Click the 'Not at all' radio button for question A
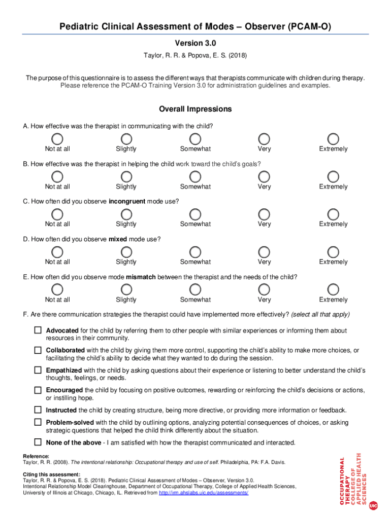coord(57,139)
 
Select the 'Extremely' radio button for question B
coord(333,176)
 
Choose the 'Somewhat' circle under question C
coord(195,214)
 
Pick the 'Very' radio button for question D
coord(264,252)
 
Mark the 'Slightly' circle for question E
coord(126,289)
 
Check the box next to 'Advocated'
coord(38,330)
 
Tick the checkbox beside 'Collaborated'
coord(38,350)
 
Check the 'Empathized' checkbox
coord(38,370)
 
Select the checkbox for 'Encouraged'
coord(38,390)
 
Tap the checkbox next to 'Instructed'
coord(38,410)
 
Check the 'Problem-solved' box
coord(38,422)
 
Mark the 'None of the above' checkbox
coord(38,442)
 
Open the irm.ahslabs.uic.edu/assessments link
coord(203,493)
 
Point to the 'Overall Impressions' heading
coord(195,109)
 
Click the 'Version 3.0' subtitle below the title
coord(195,43)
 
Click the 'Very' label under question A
coord(264,149)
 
